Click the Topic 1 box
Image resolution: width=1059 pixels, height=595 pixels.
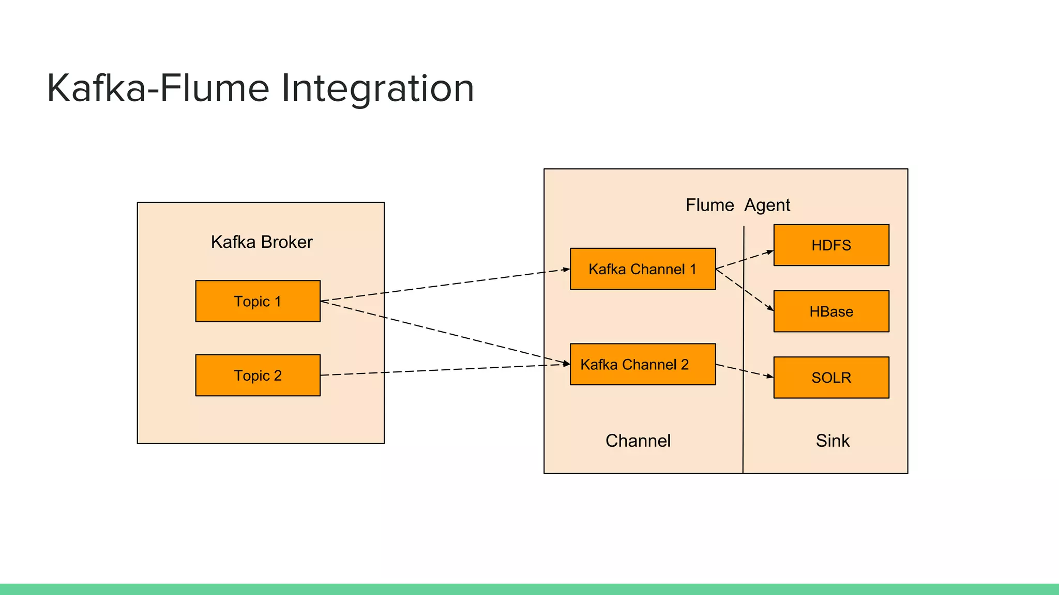[258, 301]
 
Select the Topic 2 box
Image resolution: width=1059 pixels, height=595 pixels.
[258, 375]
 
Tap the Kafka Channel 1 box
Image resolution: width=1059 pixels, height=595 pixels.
[643, 269]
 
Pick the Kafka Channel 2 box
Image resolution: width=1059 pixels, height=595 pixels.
[643, 364]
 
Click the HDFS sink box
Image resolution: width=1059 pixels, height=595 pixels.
[831, 245]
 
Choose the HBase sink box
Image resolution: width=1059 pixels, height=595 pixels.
[831, 311]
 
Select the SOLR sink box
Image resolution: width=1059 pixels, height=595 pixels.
[831, 378]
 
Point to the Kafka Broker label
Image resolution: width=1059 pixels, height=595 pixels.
[262, 242]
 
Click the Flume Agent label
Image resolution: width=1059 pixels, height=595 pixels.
[738, 205]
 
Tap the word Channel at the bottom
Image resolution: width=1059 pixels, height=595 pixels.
[638, 441]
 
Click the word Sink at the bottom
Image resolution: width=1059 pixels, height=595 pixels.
[833, 441]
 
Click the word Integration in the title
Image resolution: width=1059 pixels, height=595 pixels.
[377, 88]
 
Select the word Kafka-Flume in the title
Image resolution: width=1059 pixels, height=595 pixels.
[158, 88]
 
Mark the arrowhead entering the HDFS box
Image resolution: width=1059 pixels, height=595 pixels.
[770, 252]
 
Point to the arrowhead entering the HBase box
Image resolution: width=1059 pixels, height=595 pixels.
[770, 308]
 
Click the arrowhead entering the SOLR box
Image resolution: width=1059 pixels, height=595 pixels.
[770, 377]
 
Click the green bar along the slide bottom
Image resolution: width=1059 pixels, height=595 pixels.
[529, 589]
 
